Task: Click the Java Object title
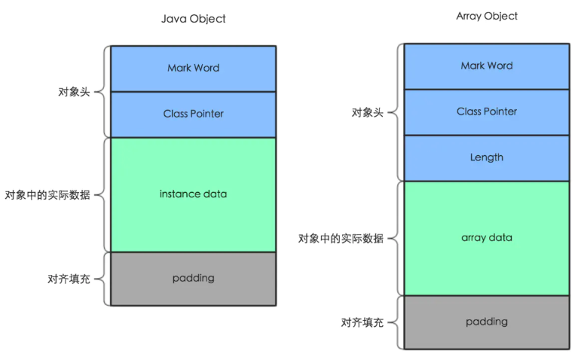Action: [x=193, y=19]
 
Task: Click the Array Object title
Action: [x=487, y=16]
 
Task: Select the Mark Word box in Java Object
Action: [x=193, y=69]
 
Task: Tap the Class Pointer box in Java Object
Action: [x=193, y=114]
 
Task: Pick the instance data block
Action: [x=193, y=194]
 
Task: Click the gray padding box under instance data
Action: [x=193, y=278]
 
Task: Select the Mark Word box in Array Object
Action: [x=487, y=66]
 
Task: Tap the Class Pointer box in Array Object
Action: [x=487, y=111]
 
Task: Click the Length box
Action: [x=487, y=157]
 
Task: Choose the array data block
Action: [x=487, y=238]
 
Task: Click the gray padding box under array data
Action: [x=487, y=322]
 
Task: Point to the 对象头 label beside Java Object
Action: [x=74, y=92]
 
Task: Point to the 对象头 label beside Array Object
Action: [x=367, y=112]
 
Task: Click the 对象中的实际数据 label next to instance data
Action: [x=47, y=195]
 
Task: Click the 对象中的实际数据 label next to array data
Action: [x=341, y=239]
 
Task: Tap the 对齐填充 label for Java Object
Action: [x=69, y=279]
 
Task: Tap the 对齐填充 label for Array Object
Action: [x=362, y=322]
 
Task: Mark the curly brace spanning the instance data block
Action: [x=103, y=195]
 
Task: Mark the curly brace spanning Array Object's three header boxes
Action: [x=396, y=112]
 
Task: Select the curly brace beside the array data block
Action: [x=396, y=239]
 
